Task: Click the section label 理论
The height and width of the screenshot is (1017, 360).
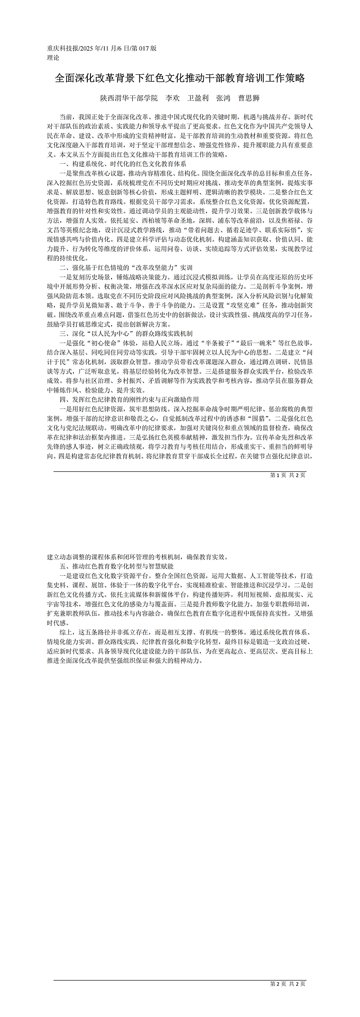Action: pos(53,58)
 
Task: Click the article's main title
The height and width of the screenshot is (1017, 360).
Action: pos(180,78)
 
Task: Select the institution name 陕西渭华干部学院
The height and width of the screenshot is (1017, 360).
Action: pos(129,98)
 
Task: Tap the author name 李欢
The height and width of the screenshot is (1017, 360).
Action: pos(172,98)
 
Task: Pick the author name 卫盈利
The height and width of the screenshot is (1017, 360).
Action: pos(198,98)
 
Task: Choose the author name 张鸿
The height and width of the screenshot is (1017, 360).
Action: pos(223,98)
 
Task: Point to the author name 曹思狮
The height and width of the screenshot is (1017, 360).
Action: pos(249,98)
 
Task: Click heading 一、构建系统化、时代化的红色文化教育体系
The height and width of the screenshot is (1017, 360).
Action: pos(122,164)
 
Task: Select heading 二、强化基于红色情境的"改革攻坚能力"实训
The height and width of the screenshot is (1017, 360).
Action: pos(126,268)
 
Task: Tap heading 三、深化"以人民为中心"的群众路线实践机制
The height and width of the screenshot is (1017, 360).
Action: pos(126,334)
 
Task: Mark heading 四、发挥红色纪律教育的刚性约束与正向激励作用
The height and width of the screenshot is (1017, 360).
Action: pos(129,399)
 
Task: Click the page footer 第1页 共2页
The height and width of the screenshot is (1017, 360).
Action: pos(288,475)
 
